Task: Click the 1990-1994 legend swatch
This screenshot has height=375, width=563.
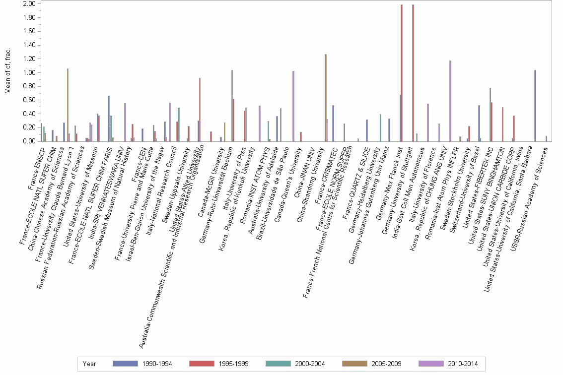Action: pyautogui.click(x=126, y=364)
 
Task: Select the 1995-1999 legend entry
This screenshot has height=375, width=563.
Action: pyautogui.click(x=202, y=364)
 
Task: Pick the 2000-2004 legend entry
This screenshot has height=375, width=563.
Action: pyautogui.click(x=279, y=364)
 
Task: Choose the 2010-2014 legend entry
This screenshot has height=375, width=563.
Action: pyautogui.click(x=431, y=364)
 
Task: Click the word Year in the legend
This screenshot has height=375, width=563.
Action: pyautogui.click(x=90, y=364)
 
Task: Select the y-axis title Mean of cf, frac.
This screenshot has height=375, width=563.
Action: pyautogui.click(x=7, y=72)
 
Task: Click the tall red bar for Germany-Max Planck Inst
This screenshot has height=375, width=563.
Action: pyautogui.click(x=402, y=72)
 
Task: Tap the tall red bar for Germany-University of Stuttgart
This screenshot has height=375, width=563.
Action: pyautogui.click(x=413, y=72)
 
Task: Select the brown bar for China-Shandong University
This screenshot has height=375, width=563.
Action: pyautogui.click(x=326, y=97)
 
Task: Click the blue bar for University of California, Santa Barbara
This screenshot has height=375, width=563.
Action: pyautogui.click(x=535, y=105)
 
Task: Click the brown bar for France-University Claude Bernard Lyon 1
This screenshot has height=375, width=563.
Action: pyautogui.click(x=68, y=105)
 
